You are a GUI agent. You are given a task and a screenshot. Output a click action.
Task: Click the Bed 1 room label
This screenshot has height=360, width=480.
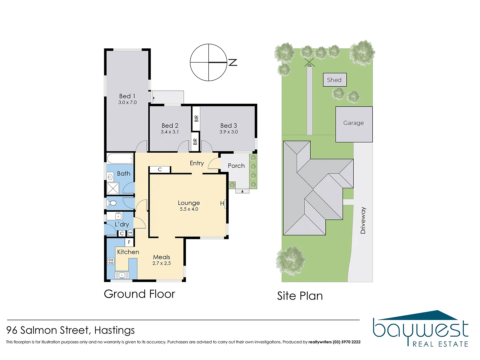pyautogui.click(x=127, y=96)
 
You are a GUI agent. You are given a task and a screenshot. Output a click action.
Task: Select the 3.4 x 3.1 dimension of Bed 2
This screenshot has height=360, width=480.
pyautogui.click(x=170, y=132)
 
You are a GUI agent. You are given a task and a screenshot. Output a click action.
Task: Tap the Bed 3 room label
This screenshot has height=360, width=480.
pyautogui.click(x=229, y=125)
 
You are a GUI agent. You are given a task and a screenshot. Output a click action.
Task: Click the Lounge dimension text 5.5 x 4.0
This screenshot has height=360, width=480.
pyautogui.click(x=189, y=209)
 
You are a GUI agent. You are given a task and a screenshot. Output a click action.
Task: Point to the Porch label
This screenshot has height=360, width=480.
pyautogui.click(x=236, y=166)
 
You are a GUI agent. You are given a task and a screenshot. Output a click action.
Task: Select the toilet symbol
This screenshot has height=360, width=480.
pyautogui.click(x=112, y=203)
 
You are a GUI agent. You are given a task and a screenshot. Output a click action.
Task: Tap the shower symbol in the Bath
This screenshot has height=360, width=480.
pyautogui.click(x=113, y=188)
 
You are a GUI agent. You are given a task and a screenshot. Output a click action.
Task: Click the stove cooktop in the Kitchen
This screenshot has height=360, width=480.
pyautogui.click(x=111, y=262)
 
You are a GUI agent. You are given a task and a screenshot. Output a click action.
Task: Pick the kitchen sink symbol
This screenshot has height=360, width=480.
pyautogui.click(x=122, y=275)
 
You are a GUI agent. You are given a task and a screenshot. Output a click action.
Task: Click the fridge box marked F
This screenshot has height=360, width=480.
pyautogui.click(x=129, y=242)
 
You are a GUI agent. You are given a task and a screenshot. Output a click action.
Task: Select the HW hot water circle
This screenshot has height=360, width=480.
pyautogui.click(x=130, y=233)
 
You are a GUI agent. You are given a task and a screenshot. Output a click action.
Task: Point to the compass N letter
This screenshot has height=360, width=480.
pyautogui.click(x=233, y=62)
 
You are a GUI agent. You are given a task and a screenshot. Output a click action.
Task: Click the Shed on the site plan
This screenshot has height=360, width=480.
pyautogui.click(x=335, y=80)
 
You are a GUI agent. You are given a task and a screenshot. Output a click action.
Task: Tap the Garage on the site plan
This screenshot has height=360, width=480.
pyautogui.click(x=354, y=123)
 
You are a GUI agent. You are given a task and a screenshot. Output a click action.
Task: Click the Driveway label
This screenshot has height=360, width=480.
pyautogui.click(x=363, y=220)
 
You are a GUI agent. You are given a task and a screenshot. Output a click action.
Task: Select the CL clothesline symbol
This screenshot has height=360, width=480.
pyautogui.click(x=309, y=63)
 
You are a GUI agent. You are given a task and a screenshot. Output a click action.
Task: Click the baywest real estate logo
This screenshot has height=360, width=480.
pyautogui.click(x=421, y=329)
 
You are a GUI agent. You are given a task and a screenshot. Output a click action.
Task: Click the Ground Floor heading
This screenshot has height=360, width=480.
pyautogui.click(x=139, y=294)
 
